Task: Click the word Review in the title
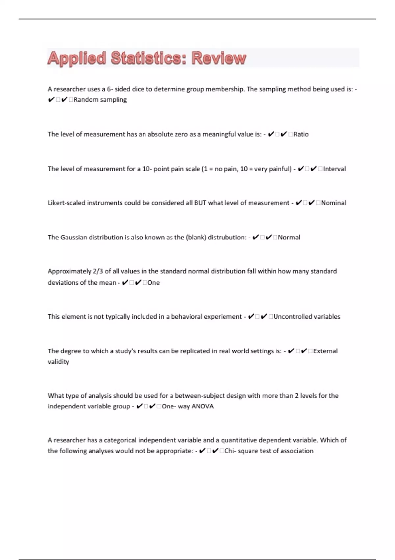click(219, 58)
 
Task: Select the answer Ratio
click(301, 134)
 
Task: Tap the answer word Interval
click(334, 169)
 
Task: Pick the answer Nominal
click(333, 203)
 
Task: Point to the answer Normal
click(289, 238)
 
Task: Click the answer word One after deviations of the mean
click(154, 283)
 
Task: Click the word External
click(326, 351)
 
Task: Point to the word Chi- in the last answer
click(230, 451)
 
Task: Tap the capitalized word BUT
click(200, 203)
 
